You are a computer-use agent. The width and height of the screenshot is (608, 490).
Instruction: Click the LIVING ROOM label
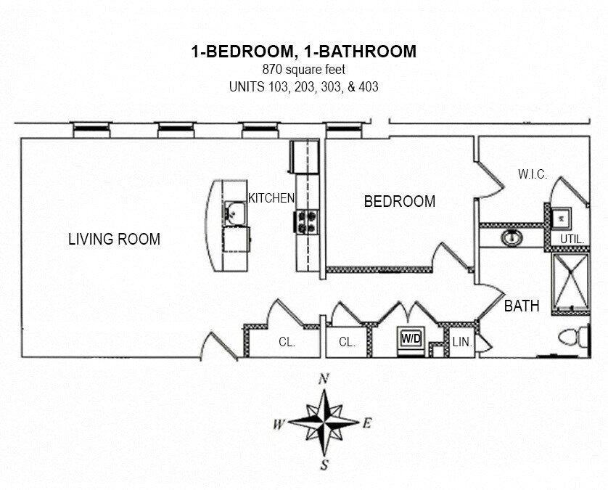(x=115, y=239)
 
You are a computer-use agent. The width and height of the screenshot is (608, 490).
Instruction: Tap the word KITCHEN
(x=271, y=198)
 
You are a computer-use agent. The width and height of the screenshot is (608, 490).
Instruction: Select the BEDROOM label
(x=400, y=201)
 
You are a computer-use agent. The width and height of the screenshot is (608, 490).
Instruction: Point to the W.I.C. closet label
(x=533, y=174)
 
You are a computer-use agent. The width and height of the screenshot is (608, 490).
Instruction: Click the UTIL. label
(x=572, y=240)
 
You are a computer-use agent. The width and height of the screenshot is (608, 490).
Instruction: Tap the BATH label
(x=522, y=306)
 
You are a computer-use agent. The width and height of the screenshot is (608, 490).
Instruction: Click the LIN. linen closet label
(x=462, y=342)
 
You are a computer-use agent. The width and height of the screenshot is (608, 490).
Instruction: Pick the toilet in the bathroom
(x=574, y=337)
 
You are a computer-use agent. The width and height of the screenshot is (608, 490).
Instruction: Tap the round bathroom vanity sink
(x=512, y=237)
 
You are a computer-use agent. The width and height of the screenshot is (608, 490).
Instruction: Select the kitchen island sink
(x=235, y=213)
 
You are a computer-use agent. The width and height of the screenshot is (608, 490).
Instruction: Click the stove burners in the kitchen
(x=307, y=222)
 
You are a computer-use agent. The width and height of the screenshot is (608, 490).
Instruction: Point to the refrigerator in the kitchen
(x=305, y=157)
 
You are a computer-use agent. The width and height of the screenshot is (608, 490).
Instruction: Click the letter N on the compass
(x=324, y=379)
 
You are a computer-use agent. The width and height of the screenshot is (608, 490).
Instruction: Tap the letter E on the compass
(x=367, y=423)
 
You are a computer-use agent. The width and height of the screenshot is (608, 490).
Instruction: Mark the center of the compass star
(x=324, y=422)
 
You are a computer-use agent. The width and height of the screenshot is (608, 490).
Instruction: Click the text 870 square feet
(x=303, y=70)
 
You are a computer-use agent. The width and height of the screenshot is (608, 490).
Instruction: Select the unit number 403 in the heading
(x=369, y=86)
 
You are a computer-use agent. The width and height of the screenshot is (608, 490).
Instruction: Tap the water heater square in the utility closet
(x=561, y=218)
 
